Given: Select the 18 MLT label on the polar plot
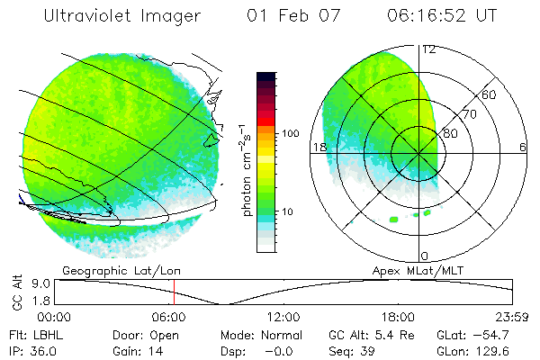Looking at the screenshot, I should click(318, 147).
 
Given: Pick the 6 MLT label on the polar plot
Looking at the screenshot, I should click(522, 147).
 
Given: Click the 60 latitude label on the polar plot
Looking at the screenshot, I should click(490, 94).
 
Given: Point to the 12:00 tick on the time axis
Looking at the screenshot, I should click(284, 317).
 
